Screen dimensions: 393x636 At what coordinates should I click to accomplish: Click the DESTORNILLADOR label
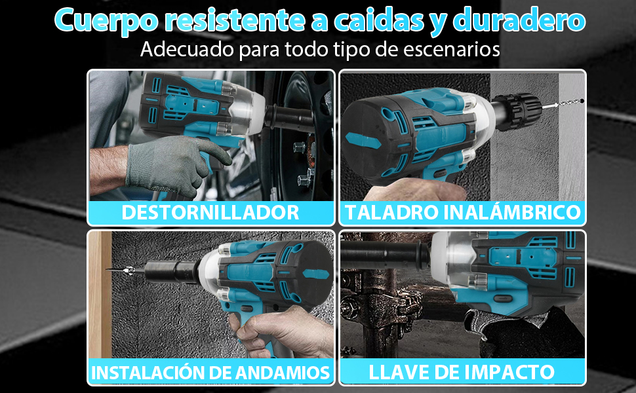[x=210, y=212]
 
